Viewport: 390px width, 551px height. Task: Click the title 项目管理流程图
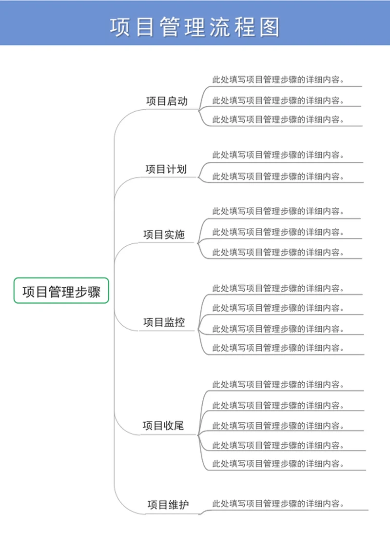195,27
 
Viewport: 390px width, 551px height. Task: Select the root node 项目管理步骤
61,292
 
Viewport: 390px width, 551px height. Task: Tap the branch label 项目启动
167,101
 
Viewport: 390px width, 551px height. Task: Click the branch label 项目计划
166,169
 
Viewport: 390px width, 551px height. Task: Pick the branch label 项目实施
164,235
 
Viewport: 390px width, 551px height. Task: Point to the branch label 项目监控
164,322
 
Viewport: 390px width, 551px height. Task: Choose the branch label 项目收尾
163,426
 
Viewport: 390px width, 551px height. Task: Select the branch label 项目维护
168,505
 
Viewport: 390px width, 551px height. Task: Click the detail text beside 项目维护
278,503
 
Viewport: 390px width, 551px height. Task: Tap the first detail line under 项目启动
278,79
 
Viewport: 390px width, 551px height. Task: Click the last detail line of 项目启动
278,119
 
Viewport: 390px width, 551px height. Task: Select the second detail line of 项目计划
278,176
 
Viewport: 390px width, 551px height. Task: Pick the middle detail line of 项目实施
278,232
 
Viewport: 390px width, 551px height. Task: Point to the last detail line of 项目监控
278,348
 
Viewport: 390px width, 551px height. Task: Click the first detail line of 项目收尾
278,384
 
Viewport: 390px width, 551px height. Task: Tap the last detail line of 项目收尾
278,464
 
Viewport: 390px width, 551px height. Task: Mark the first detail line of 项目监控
278,288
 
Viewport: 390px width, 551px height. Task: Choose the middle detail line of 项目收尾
278,425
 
